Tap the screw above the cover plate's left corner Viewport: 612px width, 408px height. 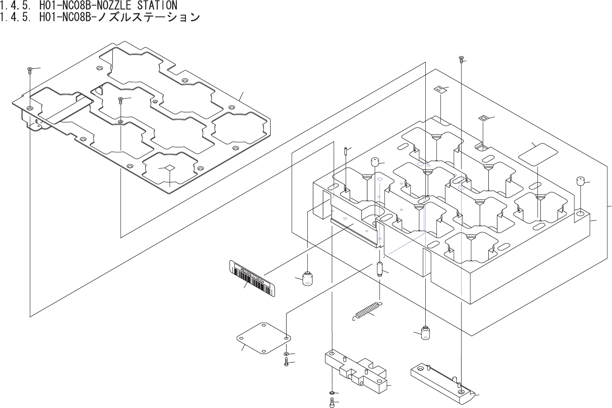click(29, 70)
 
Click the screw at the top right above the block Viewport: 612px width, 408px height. click(461, 58)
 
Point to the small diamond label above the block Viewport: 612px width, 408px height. click(483, 118)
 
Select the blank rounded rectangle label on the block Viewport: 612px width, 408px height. click(538, 154)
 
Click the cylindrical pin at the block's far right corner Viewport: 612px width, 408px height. click(580, 181)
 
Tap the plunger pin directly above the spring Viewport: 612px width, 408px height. click(379, 269)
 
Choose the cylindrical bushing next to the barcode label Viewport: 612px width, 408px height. click(307, 279)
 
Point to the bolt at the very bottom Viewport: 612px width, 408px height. click(331, 404)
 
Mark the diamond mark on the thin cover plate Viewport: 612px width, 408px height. click(170, 167)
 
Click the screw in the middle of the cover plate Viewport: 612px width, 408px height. click(121, 101)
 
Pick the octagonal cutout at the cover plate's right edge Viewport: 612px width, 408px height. click(238, 129)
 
